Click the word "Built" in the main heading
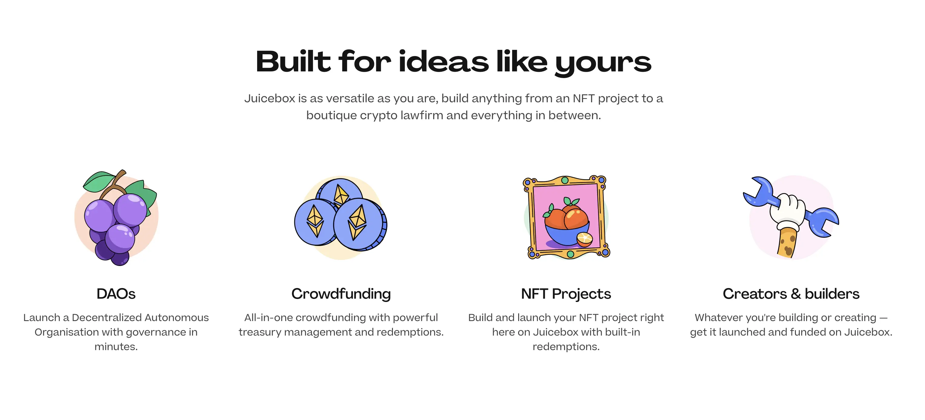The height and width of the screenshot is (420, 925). [x=293, y=62]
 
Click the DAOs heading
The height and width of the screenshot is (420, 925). [x=116, y=294]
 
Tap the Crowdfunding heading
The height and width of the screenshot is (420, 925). [x=341, y=294]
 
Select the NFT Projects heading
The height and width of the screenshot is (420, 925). [x=566, y=294]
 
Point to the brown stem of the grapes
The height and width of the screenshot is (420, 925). [x=114, y=185]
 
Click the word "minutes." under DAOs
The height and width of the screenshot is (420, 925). [x=116, y=347]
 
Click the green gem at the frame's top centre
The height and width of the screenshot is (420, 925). [x=565, y=180]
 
